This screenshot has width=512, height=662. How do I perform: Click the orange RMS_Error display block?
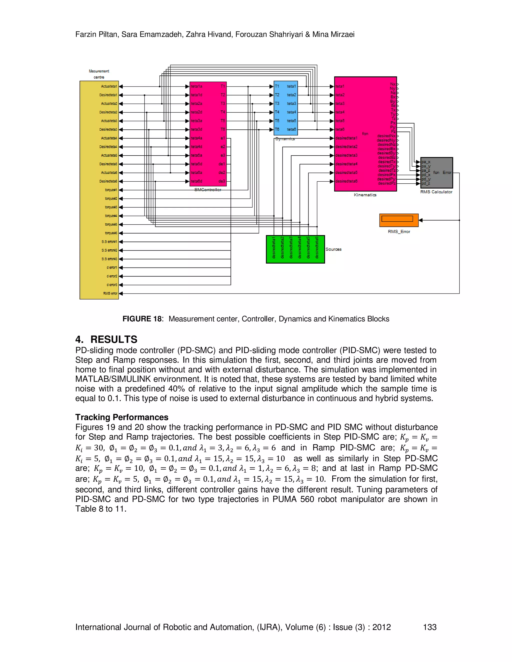pyautogui.click(x=398, y=220)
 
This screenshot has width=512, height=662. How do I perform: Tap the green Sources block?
pyautogui.click(x=295, y=249)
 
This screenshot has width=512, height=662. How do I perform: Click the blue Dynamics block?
pyautogui.click(x=285, y=108)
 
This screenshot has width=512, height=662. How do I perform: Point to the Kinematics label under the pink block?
pyautogui.click(x=365, y=195)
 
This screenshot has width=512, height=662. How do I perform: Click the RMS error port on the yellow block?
pyautogui.click(x=110, y=294)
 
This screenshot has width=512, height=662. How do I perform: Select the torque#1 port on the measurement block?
pyautogui.click(x=111, y=190)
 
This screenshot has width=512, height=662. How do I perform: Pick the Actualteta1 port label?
pyautogui.click(x=109, y=86)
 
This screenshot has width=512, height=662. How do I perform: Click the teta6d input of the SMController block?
pyautogui.click(x=196, y=181)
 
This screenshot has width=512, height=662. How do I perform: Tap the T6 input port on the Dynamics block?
pyautogui.click(x=277, y=129)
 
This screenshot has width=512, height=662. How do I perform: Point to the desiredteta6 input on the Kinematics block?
pyautogui.click(x=346, y=181)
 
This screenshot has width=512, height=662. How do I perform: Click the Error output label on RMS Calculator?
pyautogui.click(x=447, y=172)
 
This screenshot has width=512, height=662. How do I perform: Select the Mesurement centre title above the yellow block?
pyautogui.click(x=99, y=74)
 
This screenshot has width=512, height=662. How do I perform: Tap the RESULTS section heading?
pyautogui.click(x=114, y=339)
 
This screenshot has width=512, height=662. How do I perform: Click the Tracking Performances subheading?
pyautogui.click(x=122, y=417)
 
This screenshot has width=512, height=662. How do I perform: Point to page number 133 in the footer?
pyautogui.click(x=429, y=627)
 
